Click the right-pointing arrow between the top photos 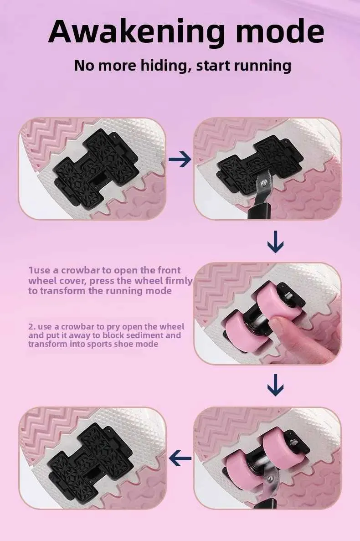(180, 159)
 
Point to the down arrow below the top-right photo (276, 242)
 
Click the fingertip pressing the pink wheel (276, 325)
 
